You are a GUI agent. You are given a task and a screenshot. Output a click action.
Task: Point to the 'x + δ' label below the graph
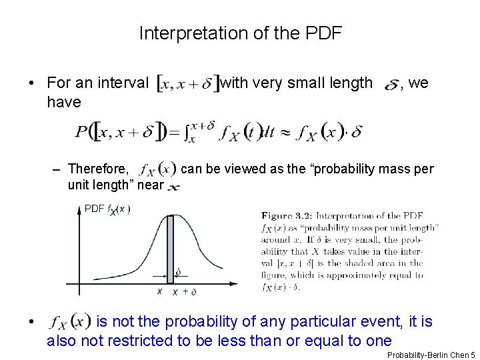[x=184, y=292]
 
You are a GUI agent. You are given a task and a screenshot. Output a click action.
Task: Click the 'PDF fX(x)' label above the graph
[x=107, y=209]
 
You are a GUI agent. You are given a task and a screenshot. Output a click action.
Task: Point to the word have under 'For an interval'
[x=63, y=102]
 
